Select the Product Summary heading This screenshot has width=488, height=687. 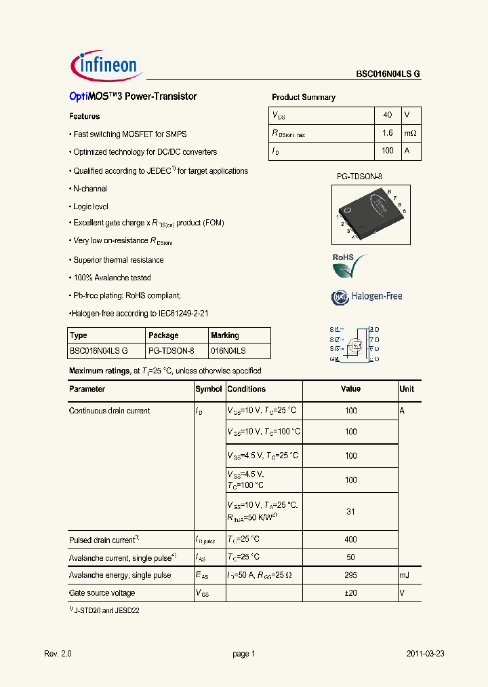coord(303,97)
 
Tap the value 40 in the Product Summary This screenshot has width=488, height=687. coord(388,115)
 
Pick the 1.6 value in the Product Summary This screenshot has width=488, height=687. coord(388,134)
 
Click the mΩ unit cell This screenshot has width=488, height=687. coord(411,134)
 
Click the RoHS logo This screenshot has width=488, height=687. coord(349,266)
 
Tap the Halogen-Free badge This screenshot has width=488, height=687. coord(367,297)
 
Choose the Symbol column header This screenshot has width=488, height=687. coord(209,389)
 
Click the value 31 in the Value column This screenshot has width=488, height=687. coord(350,512)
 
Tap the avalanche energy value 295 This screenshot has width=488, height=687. coord(350,575)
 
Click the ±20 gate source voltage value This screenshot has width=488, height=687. coord(350,593)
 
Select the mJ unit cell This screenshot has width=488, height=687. coord(405,575)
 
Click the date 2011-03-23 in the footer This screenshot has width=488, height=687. coord(425,654)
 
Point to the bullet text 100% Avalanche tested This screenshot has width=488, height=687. coord(112,278)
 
